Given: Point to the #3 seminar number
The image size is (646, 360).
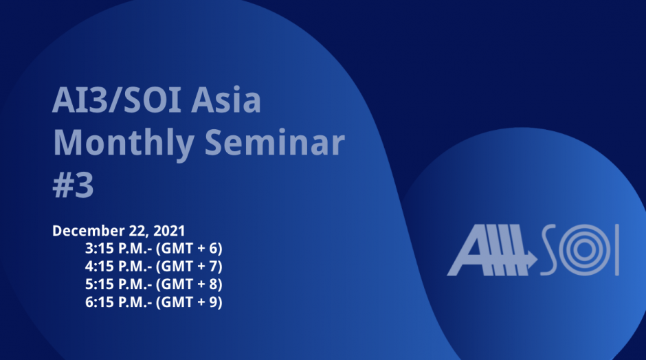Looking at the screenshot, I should pyautogui.click(x=74, y=185).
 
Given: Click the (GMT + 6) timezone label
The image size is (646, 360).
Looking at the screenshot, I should pyautogui.click(x=190, y=248).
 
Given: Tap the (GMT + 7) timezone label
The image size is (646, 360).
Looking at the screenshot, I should pyautogui.click(x=190, y=266).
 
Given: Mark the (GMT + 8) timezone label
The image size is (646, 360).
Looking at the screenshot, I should pyautogui.click(x=190, y=284).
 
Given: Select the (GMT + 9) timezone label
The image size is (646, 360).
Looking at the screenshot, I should pyautogui.click(x=190, y=302).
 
